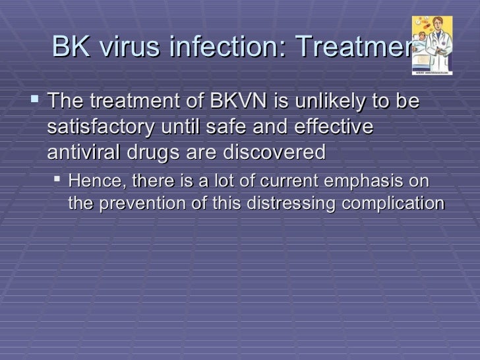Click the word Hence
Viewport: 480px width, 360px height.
tap(93, 181)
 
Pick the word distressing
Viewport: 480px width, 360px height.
tap(291, 203)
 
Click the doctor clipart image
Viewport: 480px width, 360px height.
tap(432, 45)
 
